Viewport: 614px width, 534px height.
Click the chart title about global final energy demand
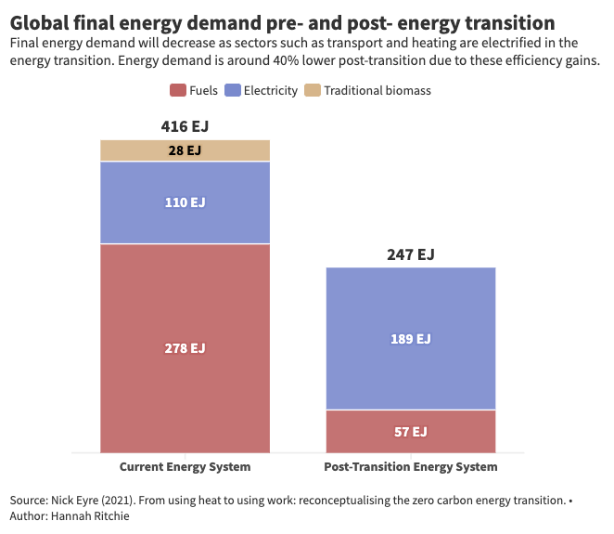click(x=283, y=21)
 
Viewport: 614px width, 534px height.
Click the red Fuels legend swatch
click(x=177, y=90)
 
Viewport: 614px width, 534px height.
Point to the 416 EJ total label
click(x=185, y=126)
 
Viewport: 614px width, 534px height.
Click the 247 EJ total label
click(x=410, y=254)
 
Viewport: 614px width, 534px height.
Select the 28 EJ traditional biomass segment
click(x=185, y=150)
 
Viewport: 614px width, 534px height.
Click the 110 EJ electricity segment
click(x=185, y=202)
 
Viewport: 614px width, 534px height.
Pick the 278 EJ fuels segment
click(x=185, y=348)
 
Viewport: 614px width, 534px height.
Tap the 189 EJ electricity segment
click(x=410, y=339)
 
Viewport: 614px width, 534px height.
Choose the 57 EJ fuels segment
click(x=410, y=432)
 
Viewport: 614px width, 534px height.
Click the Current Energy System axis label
click(x=185, y=467)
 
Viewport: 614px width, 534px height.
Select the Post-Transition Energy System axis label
click(x=410, y=467)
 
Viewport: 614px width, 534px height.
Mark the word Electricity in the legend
click(x=271, y=90)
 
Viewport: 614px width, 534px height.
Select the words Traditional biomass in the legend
click(x=377, y=90)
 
